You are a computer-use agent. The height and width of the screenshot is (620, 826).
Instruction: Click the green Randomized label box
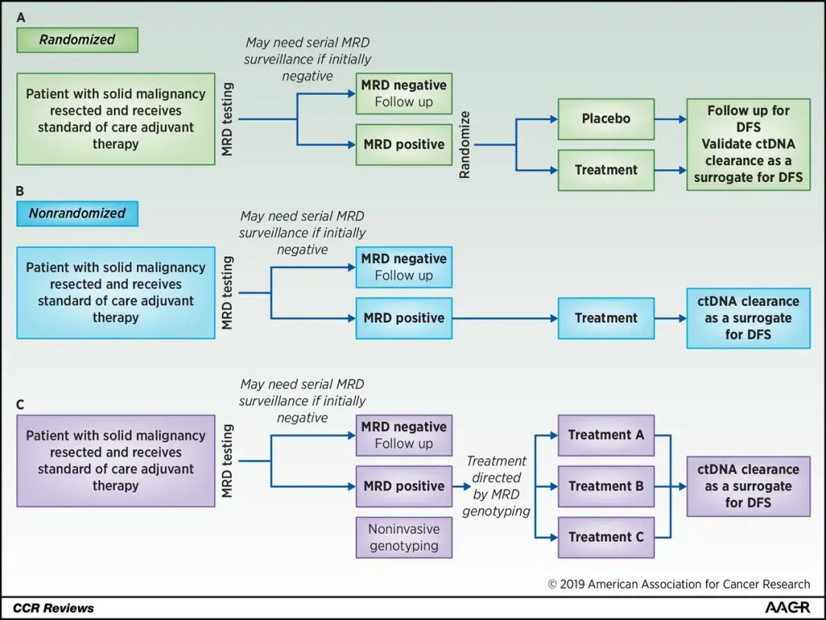tap(77, 40)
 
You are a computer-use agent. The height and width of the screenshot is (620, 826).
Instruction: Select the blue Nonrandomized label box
tap(77, 213)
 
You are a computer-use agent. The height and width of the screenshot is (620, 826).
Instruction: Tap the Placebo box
tap(606, 119)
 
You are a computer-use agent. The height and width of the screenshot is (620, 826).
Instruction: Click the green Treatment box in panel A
tap(606, 170)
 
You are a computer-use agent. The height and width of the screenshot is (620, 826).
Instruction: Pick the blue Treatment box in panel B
tap(606, 318)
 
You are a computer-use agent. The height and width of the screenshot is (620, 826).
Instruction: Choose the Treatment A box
tap(606, 435)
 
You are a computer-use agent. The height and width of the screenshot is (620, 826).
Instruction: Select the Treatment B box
tap(606, 486)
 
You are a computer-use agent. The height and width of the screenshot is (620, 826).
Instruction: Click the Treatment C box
tap(606, 537)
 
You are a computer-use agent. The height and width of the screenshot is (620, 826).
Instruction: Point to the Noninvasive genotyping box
tap(404, 537)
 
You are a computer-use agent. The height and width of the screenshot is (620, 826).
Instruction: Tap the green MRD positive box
tap(404, 144)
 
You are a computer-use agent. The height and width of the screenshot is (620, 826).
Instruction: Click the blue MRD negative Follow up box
tap(404, 267)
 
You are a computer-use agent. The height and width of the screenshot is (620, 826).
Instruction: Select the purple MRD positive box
tap(404, 486)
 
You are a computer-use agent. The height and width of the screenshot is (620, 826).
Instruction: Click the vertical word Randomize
tap(464, 144)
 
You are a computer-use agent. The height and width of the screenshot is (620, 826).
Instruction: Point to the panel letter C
tap(21, 402)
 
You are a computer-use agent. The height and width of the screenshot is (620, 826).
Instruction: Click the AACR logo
tap(787, 607)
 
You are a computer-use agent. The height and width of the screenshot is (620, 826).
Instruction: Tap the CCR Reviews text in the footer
tap(54, 608)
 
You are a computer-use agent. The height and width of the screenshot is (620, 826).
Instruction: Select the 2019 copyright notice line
tap(678, 584)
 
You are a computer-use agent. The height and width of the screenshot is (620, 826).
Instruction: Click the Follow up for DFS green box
tap(748, 144)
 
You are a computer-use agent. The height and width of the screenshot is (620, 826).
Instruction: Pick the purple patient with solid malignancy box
tap(116, 461)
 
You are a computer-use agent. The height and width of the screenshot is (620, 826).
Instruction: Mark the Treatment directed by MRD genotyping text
tap(496, 486)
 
